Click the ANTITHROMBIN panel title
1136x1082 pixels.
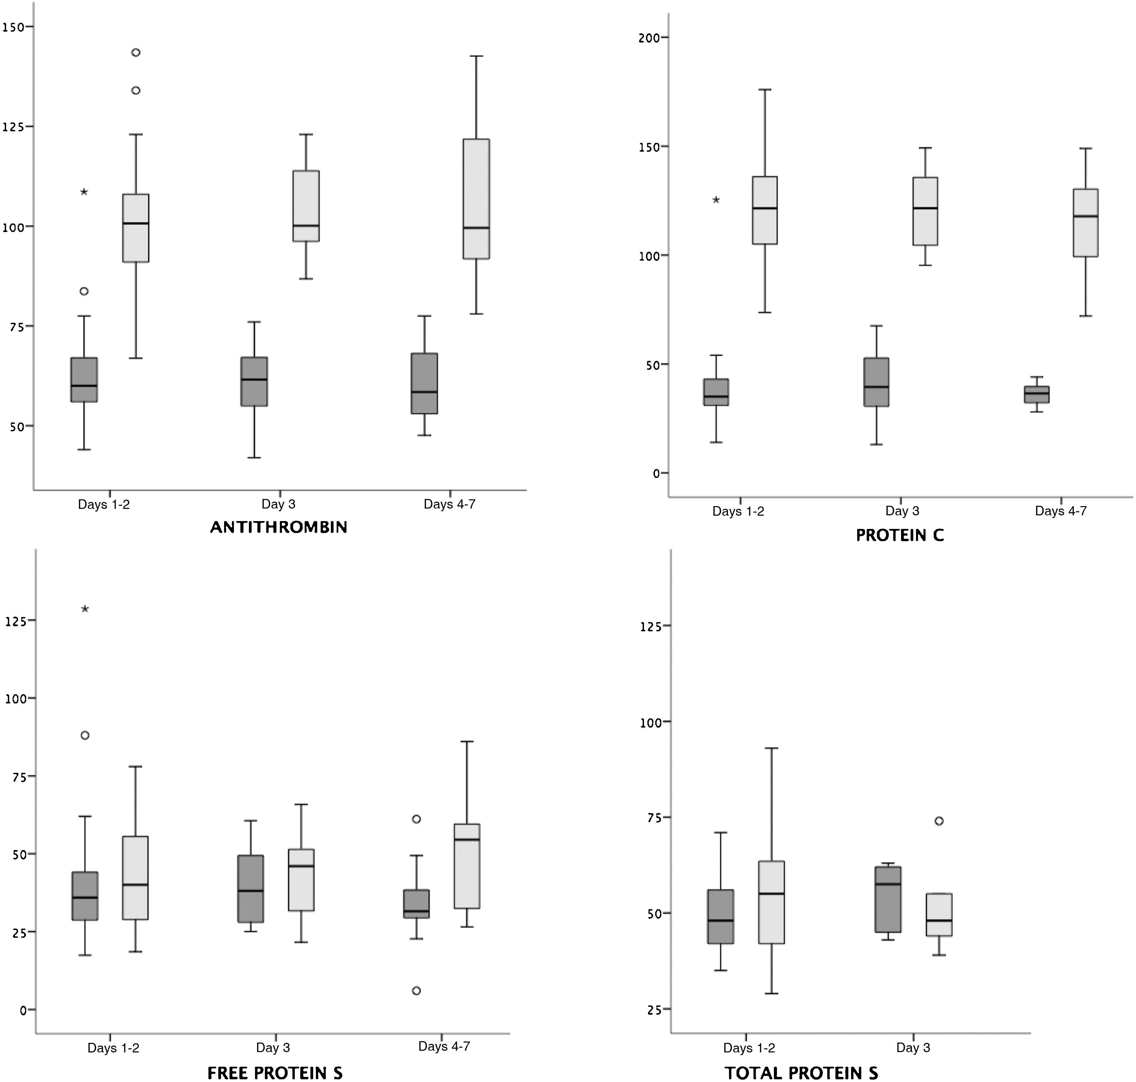pos(278,527)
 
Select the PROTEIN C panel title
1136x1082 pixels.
pos(900,535)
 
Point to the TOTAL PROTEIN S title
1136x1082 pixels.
pos(801,1073)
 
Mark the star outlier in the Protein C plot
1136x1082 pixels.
pos(716,200)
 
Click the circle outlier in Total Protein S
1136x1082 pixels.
pos(939,821)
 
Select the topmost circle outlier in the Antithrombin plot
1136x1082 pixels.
pos(136,52)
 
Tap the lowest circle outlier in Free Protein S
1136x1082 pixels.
pos(416,990)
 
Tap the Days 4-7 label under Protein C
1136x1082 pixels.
pos(1061,511)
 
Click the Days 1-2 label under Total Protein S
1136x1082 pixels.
pos(749,1048)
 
